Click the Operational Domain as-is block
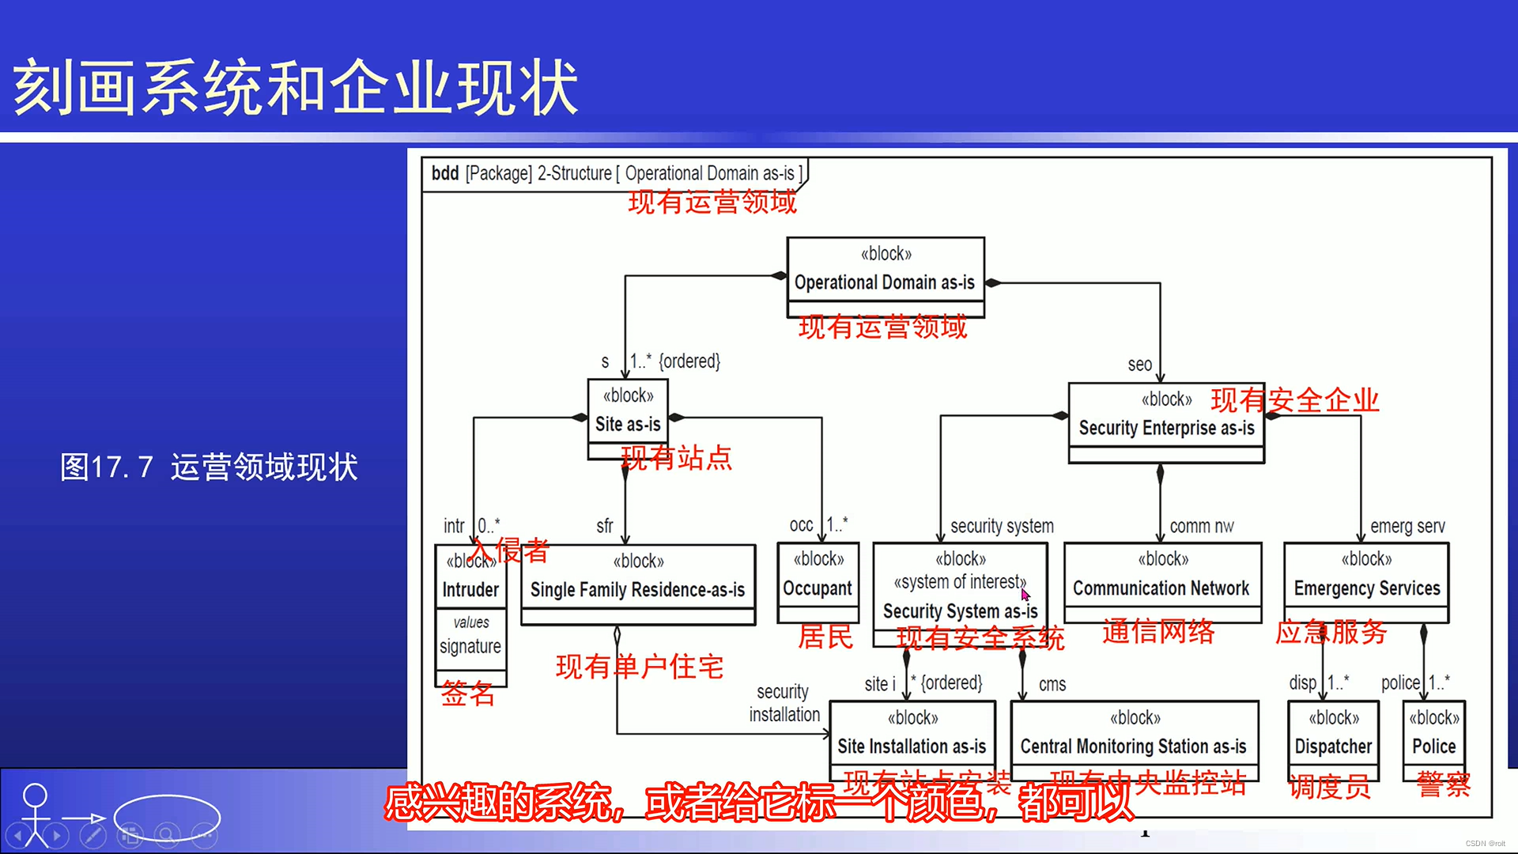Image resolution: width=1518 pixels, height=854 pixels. coord(885,277)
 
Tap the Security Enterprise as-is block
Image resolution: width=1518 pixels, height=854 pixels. coord(1165,423)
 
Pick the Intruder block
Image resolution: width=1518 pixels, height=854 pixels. coord(470,589)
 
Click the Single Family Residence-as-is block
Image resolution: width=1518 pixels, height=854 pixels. coord(637,584)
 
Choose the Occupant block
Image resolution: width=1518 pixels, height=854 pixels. coord(818,584)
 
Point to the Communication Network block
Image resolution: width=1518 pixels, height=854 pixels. coord(1161,583)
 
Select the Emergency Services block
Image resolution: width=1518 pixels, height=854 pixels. coord(1366,583)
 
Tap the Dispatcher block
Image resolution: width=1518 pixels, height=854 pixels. coord(1333,740)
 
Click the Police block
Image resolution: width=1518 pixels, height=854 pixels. coord(1433,740)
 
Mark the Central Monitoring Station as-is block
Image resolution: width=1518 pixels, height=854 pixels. coord(1134,740)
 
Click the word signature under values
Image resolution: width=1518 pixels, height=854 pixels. coord(470,647)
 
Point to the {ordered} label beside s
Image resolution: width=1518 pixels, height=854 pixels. coord(689,361)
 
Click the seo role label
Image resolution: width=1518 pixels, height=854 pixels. coord(1139,365)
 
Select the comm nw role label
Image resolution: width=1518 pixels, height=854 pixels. coord(1201,527)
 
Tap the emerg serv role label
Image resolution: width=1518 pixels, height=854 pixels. coord(1407,527)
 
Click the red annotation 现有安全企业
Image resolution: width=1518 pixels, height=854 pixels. coord(1294,400)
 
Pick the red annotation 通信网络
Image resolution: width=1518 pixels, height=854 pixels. coord(1158,632)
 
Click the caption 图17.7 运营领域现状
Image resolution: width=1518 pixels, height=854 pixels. coord(210,467)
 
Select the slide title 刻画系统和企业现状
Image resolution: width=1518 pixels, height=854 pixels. coord(296,87)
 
